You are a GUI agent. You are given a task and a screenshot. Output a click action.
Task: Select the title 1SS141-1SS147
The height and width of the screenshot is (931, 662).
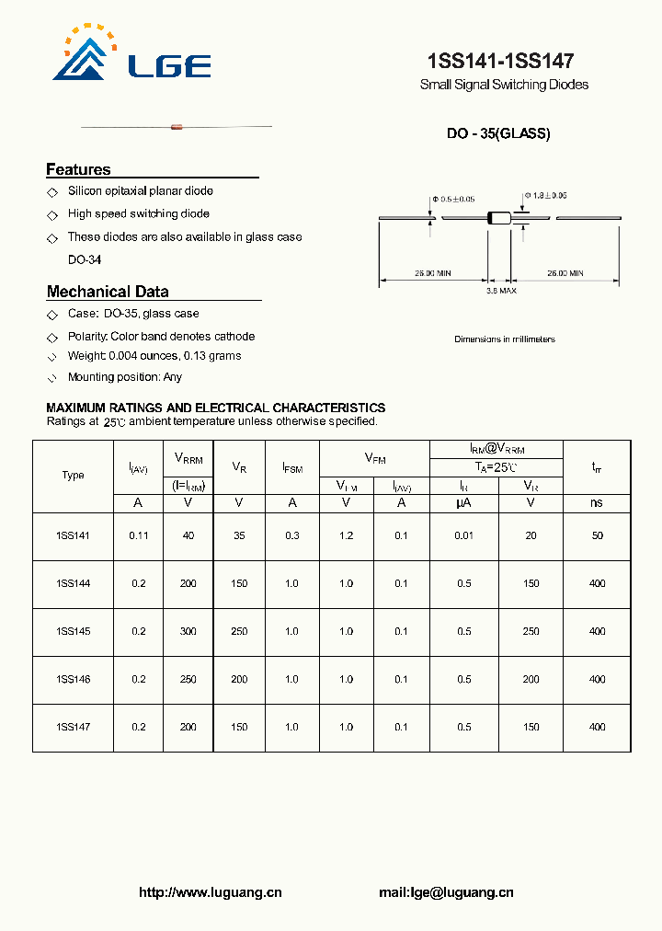(x=500, y=62)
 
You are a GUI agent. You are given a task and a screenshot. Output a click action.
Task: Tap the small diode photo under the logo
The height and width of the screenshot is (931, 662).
(x=177, y=126)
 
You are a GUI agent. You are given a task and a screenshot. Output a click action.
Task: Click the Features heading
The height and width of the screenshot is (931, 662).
(x=78, y=169)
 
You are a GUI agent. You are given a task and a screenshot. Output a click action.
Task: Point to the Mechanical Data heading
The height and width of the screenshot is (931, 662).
(x=108, y=292)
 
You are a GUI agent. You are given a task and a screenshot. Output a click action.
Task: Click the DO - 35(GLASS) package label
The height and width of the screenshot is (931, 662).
(x=498, y=133)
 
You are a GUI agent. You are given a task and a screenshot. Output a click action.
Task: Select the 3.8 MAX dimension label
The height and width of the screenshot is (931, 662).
(x=501, y=291)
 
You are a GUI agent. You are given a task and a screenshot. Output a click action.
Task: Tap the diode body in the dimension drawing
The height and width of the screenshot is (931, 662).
(x=499, y=219)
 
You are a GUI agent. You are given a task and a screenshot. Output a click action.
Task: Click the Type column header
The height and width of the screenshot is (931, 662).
(x=73, y=475)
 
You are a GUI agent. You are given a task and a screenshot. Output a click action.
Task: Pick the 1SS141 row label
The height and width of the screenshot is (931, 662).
(x=73, y=535)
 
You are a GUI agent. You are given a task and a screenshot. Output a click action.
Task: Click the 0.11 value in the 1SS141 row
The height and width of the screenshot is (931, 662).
(x=138, y=535)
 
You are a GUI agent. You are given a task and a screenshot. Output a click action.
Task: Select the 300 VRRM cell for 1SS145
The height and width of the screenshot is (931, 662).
(x=188, y=631)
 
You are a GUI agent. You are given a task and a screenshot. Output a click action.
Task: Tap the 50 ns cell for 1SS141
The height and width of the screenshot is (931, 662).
(x=597, y=535)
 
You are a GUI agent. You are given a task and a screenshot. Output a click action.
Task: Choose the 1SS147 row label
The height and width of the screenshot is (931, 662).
(x=73, y=727)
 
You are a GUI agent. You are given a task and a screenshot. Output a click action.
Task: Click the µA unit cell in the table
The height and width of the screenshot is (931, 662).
(x=463, y=503)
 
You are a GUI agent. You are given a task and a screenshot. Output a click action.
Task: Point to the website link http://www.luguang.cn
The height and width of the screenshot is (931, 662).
(x=210, y=892)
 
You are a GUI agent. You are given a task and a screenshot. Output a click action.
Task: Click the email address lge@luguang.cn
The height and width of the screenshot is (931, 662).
(x=446, y=892)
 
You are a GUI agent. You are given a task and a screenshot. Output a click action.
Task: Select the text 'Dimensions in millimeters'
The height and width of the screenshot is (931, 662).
(x=505, y=339)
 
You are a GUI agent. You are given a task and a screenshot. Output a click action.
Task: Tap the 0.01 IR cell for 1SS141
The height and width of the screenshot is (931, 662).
(x=463, y=535)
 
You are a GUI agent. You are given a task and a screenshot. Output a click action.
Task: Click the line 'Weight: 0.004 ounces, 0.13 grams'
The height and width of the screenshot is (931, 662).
(x=154, y=356)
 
